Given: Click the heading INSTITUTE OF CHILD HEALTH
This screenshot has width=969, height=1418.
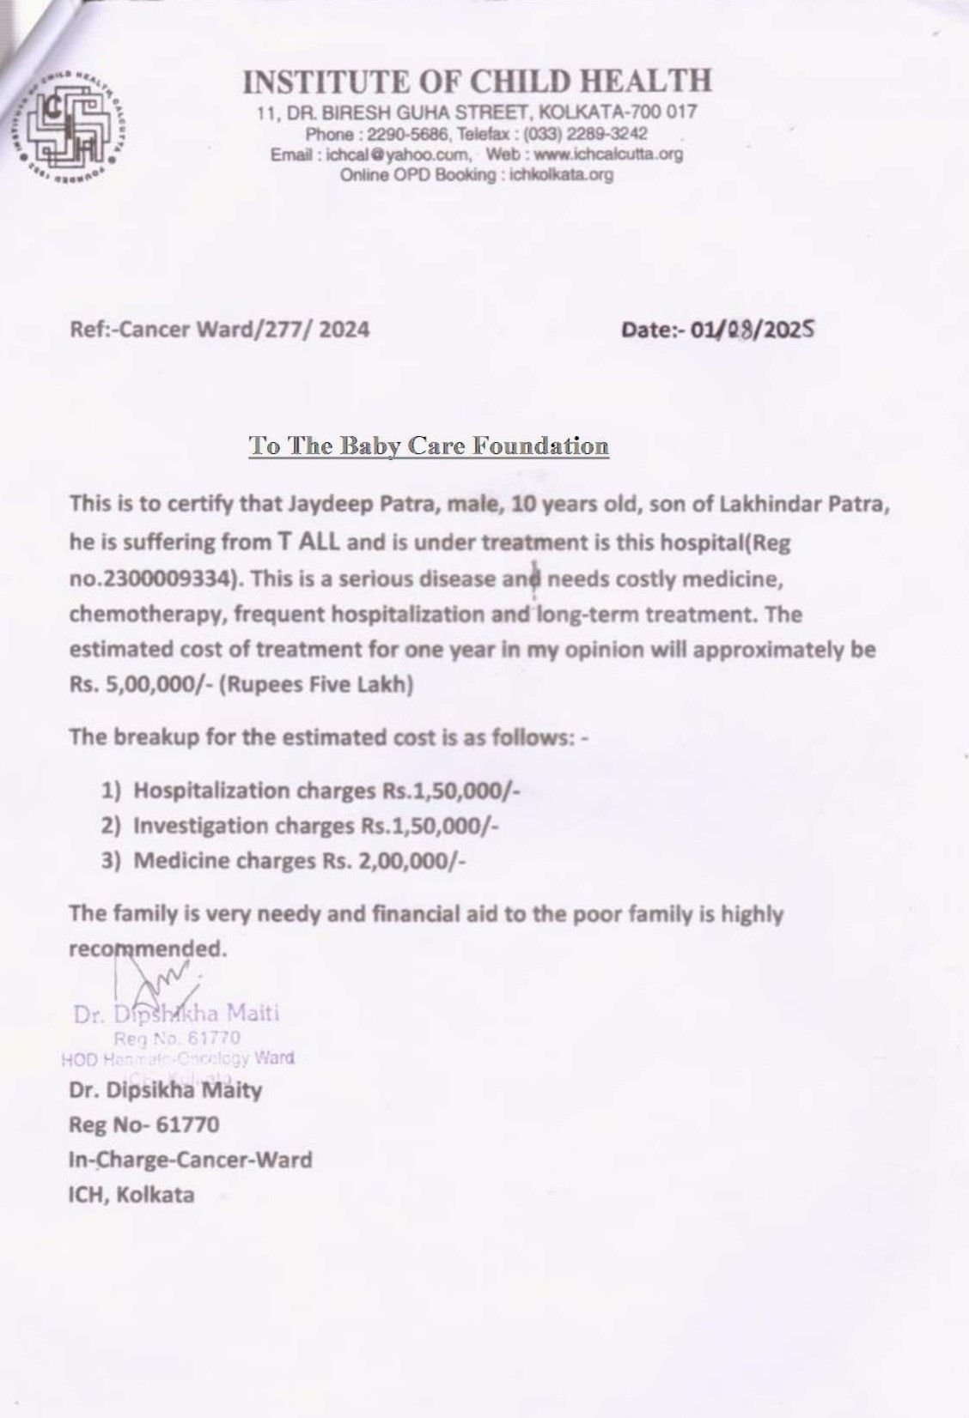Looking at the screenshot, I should [x=477, y=82].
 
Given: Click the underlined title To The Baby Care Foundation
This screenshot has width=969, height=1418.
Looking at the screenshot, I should [x=429, y=445].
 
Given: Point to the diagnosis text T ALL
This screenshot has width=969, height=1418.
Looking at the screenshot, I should [x=308, y=542].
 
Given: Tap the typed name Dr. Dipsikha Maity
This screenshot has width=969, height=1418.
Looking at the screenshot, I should [x=165, y=1090].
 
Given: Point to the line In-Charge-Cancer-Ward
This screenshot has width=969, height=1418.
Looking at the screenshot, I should [x=190, y=1160].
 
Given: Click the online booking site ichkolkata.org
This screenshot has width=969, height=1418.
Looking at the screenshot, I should [x=561, y=175].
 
